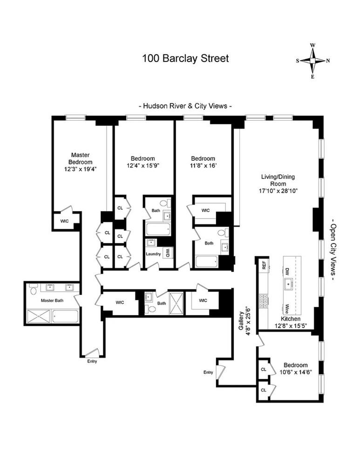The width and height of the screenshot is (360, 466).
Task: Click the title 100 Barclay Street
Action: pos(185,59)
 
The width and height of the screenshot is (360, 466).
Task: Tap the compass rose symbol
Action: pos(313,61)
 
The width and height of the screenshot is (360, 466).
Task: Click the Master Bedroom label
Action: pos(80,158)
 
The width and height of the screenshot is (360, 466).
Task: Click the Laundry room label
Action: pos(153,254)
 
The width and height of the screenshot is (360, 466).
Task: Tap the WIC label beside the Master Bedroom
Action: pos(64,220)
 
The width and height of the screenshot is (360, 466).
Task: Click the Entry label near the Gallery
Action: pos(208,372)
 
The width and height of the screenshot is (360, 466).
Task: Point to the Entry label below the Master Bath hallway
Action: pos(92,361)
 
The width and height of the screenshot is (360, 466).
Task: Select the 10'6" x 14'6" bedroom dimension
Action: pos(296,372)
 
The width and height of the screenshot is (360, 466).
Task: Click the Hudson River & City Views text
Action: pos(185,106)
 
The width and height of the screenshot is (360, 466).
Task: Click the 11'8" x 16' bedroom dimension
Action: pos(203,165)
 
